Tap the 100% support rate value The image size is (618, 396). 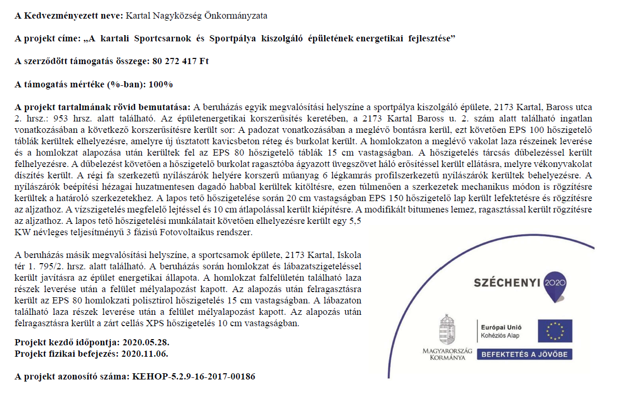coord(161,84)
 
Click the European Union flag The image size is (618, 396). coord(555,331)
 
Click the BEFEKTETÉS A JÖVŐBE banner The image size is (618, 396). coord(524,355)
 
